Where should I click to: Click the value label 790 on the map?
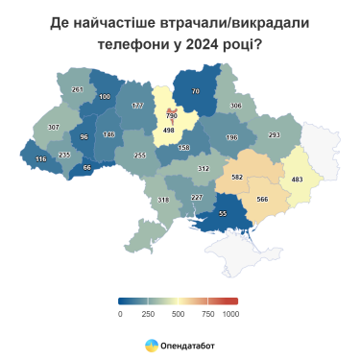[x=172, y=116]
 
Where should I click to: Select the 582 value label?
[x=237, y=177]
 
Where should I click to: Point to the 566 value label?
[x=262, y=199]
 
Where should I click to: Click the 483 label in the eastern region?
[x=298, y=180]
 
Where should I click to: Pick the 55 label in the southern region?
[x=224, y=213]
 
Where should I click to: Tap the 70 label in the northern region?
[x=196, y=91]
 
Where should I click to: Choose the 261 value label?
[x=78, y=90]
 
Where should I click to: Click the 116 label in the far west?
[x=40, y=159]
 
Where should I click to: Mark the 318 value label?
[x=163, y=200]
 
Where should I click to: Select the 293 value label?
[x=274, y=135]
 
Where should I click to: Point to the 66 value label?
[x=87, y=168]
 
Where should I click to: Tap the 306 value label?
[x=235, y=106]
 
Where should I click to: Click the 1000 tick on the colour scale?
[x=230, y=314]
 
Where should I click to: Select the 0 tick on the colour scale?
[x=120, y=314]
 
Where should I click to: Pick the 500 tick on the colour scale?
[x=178, y=314]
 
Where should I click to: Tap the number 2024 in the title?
[x=201, y=44]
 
